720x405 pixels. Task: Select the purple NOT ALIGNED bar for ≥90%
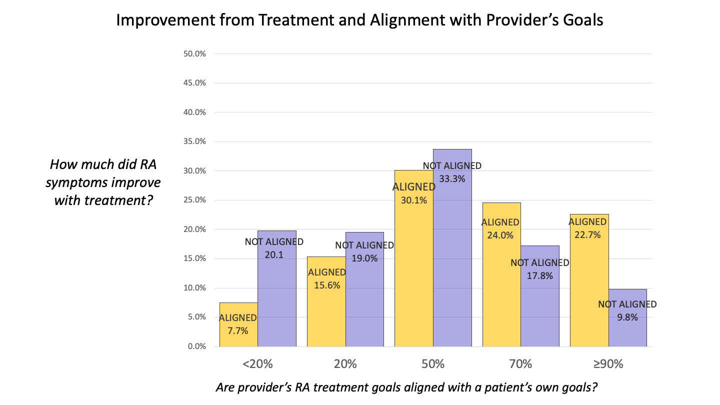pyautogui.click(x=627, y=330)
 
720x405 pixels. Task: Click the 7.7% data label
pyautogui.click(x=237, y=330)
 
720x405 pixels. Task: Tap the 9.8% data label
pyautogui.click(x=627, y=316)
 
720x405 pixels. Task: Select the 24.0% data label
pyautogui.click(x=500, y=235)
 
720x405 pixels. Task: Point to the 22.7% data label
pyautogui.click(x=587, y=234)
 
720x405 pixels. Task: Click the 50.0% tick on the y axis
pyautogui.click(x=195, y=53)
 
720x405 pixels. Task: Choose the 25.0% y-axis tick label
pyautogui.click(x=195, y=200)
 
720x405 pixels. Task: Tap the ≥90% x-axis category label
pyautogui.click(x=608, y=364)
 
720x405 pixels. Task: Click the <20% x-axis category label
pyautogui.click(x=257, y=364)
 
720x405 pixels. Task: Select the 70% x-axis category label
pyautogui.click(x=520, y=364)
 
